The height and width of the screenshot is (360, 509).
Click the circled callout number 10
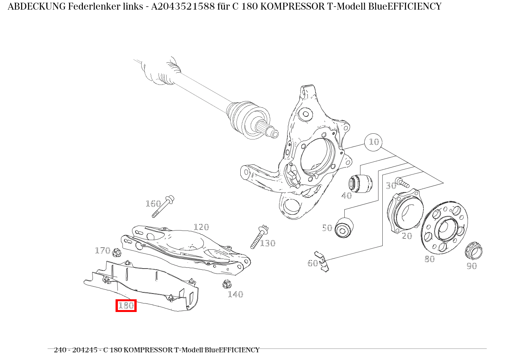tap(373, 142)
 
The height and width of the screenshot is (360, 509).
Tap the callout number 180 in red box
tap(126, 305)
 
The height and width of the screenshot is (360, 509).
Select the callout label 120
tap(201, 227)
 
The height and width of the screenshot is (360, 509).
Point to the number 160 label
tap(153, 204)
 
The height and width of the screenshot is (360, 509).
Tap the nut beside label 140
tap(226, 285)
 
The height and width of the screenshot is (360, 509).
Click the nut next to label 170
tap(117, 253)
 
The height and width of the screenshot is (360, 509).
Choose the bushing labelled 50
tap(344, 228)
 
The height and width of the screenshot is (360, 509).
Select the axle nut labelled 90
tap(474, 252)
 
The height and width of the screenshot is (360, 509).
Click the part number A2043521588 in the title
tap(183, 7)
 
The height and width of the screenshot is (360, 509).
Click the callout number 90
tap(471, 266)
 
